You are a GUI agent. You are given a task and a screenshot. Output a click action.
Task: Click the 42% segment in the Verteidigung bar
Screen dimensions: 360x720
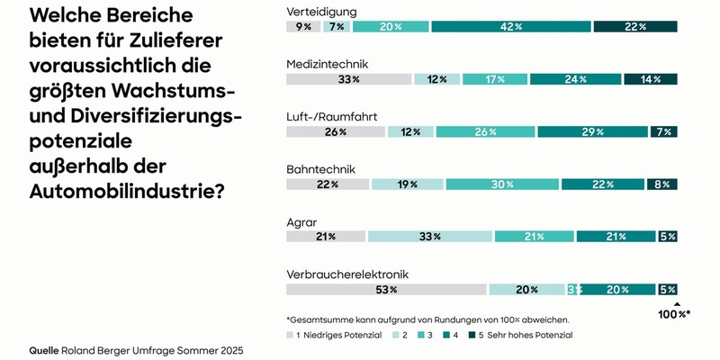pyautogui.click(x=510, y=27)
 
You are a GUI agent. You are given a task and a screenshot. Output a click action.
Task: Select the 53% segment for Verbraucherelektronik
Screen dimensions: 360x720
pyautogui.click(x=386, y=290)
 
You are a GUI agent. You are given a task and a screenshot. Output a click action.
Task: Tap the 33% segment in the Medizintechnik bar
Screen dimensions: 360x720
pyautogui.click(x=348, y=79)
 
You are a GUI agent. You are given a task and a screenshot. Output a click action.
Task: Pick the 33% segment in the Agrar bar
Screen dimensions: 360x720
pyautogui.click(x=429, y=237)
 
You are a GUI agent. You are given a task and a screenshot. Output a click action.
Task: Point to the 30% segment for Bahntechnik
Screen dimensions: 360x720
pyautogui.click(x=501, y=184)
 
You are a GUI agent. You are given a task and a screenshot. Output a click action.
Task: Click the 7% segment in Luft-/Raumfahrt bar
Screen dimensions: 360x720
pyautogui.click(x=663, y=132)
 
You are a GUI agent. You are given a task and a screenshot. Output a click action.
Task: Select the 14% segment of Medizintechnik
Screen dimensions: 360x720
pyautogui.click(x=650, y=79)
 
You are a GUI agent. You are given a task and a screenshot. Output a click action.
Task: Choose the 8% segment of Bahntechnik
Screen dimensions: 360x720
pyautogui.click(x=661, y=184)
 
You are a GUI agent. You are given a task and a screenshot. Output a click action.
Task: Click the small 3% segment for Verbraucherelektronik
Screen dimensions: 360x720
pyautogui.click(x=573, y=290)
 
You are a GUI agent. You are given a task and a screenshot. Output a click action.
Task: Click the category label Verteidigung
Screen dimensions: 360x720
pyautogui.click(x=321, y=11)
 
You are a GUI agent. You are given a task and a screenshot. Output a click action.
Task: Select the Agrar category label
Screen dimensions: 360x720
pyautogui.click(x=301, y=221)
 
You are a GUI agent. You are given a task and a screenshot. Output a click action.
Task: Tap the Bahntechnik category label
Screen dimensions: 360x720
pyautogui.click(x=320, y=168)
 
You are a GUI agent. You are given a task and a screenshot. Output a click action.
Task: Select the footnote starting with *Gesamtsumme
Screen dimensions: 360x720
pyautogui.click(x=427, y=319)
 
